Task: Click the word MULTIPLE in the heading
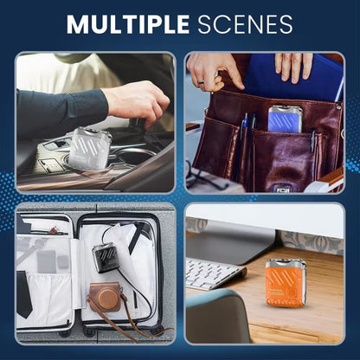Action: [128, 24]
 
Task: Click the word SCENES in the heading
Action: [245, 24]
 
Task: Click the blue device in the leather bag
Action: [285, 119]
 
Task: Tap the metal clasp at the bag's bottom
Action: [283, 190]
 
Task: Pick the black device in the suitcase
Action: [105, 257]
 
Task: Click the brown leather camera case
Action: [105, 298]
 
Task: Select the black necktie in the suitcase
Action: [24, 293]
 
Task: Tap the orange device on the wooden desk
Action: [286, 283]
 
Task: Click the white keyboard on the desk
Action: [215, 273]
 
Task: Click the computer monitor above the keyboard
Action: [231, 241]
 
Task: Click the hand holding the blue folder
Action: [293, 67]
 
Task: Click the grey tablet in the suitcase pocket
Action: [46, 262]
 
